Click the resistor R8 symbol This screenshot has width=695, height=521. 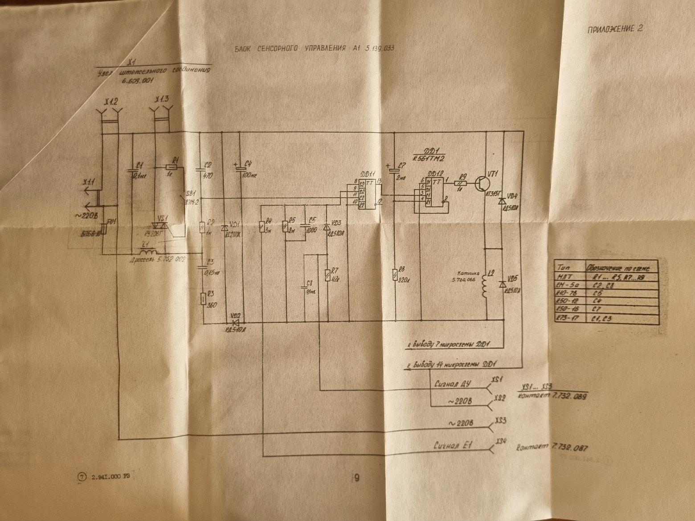click(395, 274)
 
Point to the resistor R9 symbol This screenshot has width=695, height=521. click(461, 183)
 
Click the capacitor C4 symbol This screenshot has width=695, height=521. click(241, 168)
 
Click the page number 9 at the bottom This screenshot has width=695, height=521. click(356, 478)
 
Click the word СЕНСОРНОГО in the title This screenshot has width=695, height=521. click(278, 49)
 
